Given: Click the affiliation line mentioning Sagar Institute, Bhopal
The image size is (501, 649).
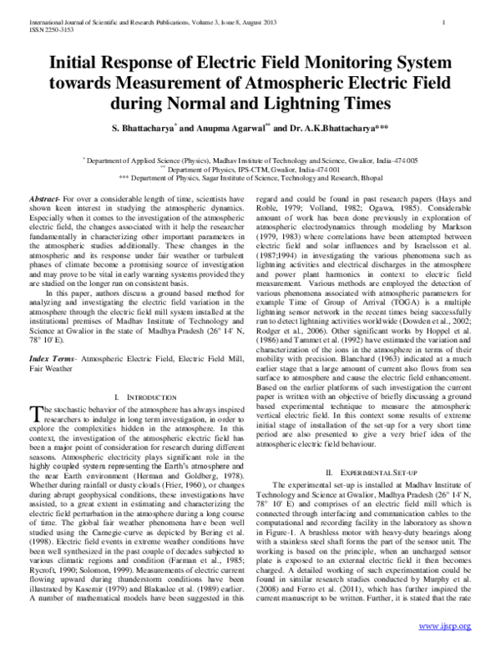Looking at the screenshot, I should tap(250, 177).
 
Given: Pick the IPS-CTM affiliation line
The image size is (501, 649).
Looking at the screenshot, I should tap(250, 168).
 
